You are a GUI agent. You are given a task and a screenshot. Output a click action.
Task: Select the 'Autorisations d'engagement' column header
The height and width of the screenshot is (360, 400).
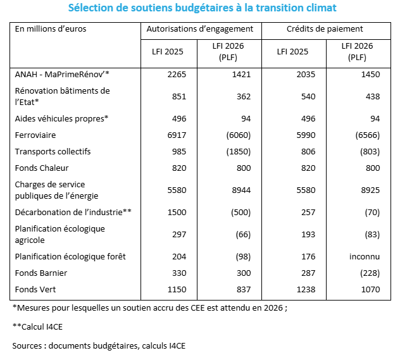click(x=200, y=29)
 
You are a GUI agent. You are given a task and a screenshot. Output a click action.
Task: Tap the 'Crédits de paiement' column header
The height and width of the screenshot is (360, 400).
click(x=325, y=29)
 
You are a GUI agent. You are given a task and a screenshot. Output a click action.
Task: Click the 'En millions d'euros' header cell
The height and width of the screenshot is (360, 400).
click(x=51, y=29)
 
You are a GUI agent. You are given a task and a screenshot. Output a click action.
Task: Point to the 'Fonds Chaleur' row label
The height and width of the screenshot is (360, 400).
click(x=42, y=168)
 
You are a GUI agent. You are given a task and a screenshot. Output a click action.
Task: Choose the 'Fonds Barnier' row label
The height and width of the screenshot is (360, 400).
click(x=41, y=273)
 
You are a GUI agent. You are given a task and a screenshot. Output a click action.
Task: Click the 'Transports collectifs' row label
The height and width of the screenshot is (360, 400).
click(x=53, y=151)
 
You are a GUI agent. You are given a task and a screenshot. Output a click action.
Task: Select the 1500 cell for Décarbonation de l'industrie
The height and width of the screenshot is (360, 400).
click(x=175, y=212)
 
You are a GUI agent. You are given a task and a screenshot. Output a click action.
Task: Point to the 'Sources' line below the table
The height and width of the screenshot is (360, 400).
click(x=99, y=345)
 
